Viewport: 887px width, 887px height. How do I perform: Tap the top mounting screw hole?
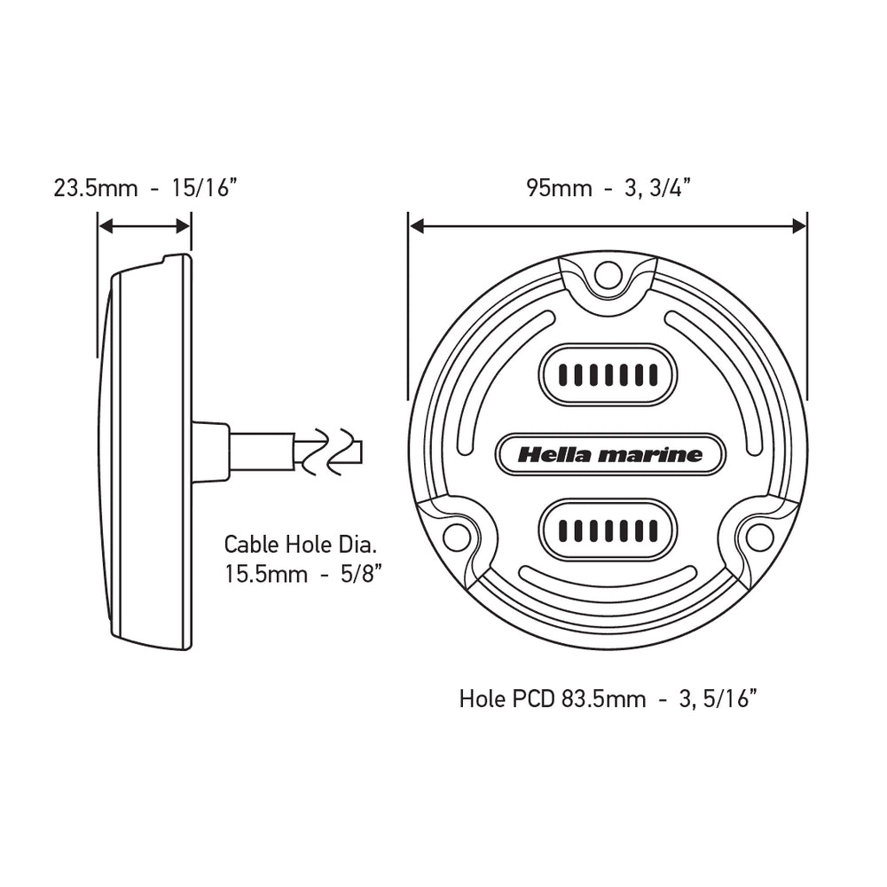[x=608, y=275]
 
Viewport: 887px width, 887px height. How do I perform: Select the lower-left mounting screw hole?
[x=456, y=536]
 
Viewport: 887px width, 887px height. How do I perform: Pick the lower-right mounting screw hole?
[x=759, y=536]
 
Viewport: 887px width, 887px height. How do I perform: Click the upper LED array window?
[x=608, y=374]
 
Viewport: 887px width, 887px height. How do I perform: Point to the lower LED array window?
[x=608, y=530]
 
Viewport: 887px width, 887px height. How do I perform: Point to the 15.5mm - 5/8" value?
[x=302, y=573]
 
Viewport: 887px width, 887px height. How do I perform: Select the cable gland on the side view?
[x=210, y=452]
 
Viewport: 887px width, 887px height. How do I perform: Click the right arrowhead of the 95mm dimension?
[x=799, y=227]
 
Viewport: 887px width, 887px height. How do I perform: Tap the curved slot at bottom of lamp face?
[x=608, y=581]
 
